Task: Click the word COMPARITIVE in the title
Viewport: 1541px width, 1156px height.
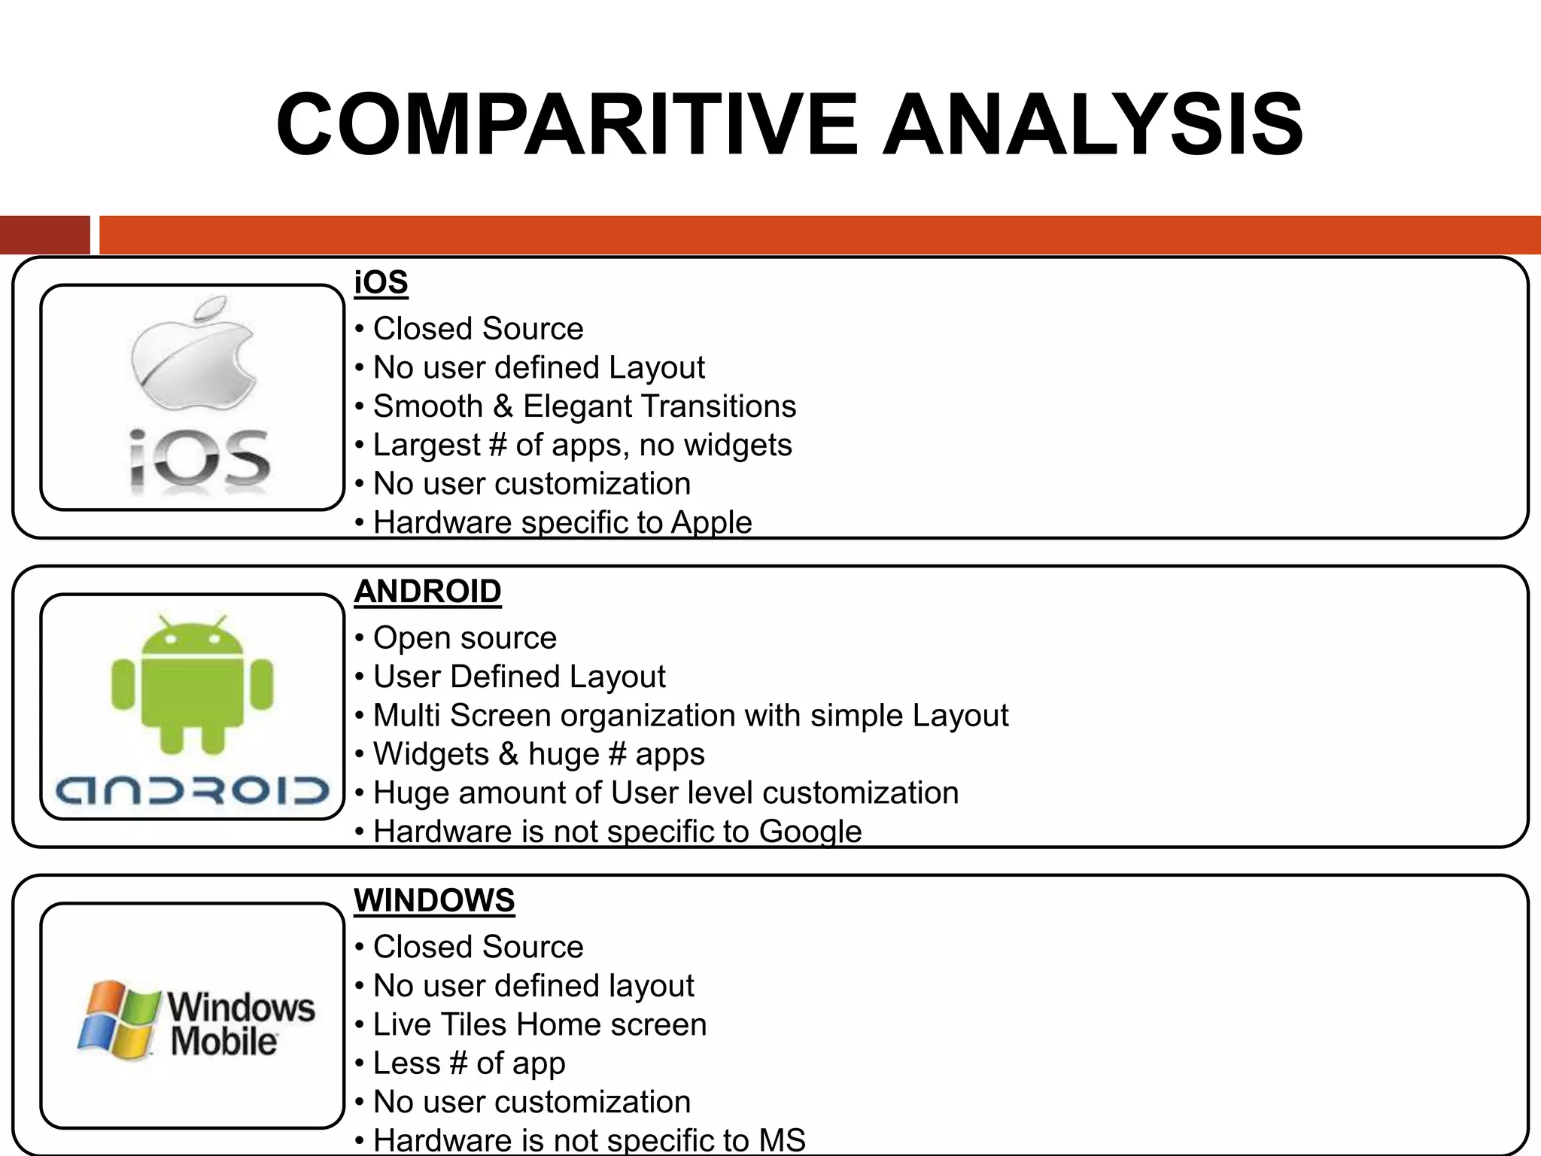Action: (567, 124)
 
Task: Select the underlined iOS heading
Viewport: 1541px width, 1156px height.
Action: (381, 282)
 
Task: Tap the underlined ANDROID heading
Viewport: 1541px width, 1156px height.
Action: (427, 592)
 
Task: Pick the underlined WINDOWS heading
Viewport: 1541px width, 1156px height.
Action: (434, 901)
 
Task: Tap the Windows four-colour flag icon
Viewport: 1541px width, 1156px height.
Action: (119, 1020)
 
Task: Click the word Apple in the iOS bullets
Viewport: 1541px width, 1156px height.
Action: (711, 522)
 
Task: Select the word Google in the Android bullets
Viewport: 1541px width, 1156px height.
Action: (810, 832)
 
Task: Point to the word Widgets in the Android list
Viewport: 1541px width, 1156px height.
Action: (430, 754)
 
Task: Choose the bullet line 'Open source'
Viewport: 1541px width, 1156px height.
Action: (464, 638)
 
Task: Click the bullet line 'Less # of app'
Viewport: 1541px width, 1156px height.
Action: (469, 1063)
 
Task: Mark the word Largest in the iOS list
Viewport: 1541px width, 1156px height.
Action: (426, 446)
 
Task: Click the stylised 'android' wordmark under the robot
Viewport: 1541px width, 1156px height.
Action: (192, 790)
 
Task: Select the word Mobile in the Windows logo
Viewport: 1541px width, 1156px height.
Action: (223, 1042)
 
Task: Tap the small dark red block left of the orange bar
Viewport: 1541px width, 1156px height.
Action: (44, 235)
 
